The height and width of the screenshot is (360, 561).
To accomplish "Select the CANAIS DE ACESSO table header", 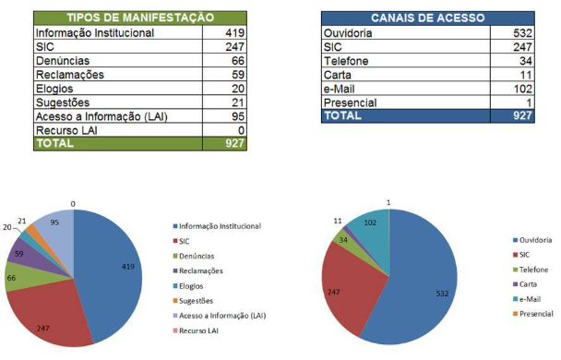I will click(428, 18).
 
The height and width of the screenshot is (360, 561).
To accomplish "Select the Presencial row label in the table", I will click(351, 102).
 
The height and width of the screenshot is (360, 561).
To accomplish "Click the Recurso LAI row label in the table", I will click(67, 130).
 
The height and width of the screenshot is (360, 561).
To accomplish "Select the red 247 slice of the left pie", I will click(55, 318).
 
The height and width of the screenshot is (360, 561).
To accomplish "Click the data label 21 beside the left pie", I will click(20, 222).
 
